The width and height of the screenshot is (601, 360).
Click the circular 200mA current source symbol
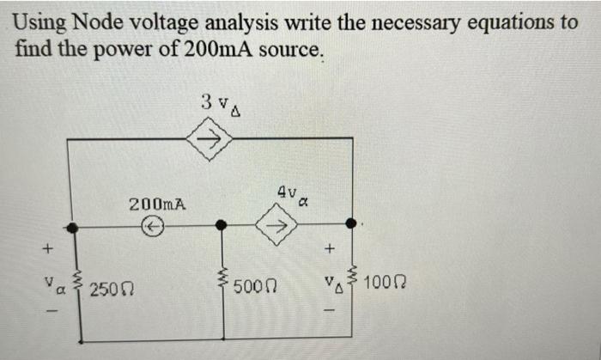[152, 226]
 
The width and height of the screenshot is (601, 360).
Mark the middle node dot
[222, 225]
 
